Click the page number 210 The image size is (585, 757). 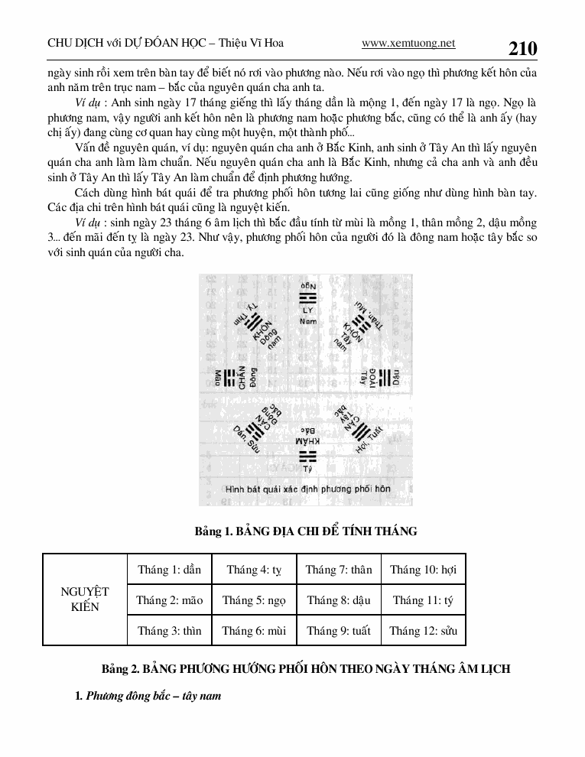522,49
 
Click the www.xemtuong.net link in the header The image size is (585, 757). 408,44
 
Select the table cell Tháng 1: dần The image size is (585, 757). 169,570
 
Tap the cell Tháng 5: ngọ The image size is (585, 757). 254,600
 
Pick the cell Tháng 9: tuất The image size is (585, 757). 339,631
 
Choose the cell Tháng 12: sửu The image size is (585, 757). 423,631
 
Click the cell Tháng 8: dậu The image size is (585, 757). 339,600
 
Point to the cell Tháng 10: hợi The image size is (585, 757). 423,570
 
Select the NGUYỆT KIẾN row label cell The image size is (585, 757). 85,599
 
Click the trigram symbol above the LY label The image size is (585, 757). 307,297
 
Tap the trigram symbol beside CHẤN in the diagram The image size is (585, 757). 230,377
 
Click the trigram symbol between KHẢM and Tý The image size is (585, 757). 307,456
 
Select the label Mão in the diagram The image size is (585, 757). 217,377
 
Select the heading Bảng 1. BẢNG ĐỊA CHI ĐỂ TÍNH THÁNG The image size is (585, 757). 307,531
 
